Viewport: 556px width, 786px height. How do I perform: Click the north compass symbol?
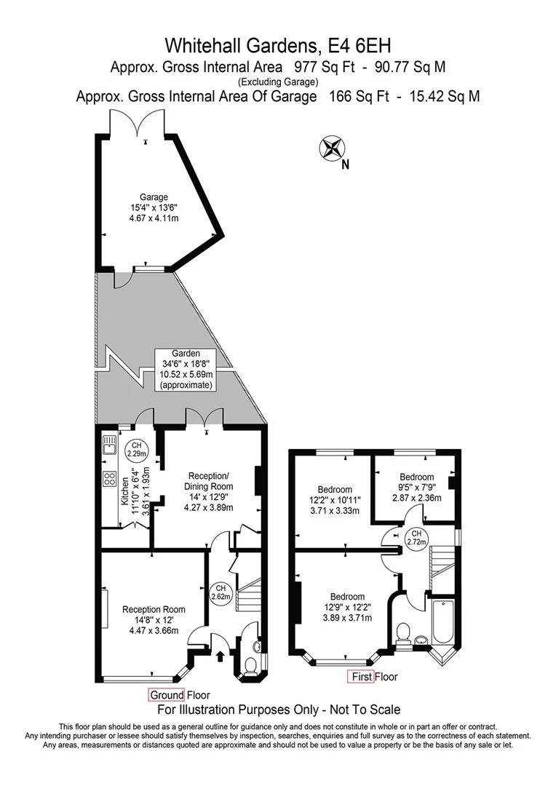[x=331, y=148]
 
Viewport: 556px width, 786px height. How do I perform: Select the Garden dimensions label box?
[x=186, y=368]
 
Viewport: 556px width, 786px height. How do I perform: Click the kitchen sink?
[x=111, y=444]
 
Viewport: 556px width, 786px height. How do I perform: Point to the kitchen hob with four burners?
[x=111, y=478]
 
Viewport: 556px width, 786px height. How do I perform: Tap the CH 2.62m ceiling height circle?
[x=221, y=592]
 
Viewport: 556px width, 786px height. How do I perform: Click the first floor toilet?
[x=405, y=632]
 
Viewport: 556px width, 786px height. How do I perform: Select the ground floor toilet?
[x=250, y=665]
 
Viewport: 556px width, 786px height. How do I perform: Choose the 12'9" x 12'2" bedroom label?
[x=348, y=606]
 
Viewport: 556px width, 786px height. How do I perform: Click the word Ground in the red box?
[x=167, y=694]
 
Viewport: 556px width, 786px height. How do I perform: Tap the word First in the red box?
[x=362, y=677]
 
